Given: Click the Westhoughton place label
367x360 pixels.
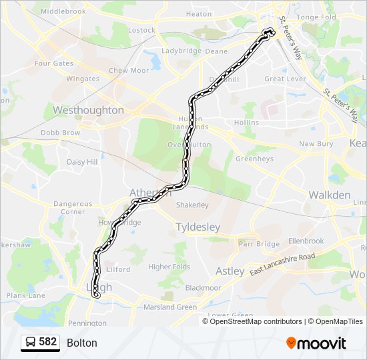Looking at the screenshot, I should tap(88, 110).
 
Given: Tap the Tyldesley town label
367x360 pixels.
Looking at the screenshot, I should tap(198, 227).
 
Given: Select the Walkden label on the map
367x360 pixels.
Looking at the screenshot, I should tap(329, 195).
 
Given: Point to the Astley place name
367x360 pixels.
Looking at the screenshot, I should tap(230, 271).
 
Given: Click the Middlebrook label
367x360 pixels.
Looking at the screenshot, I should tap(63, 12).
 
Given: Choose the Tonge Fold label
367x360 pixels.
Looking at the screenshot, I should tap(316, 17).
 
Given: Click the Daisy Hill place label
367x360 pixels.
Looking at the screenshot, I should tap(82, 162).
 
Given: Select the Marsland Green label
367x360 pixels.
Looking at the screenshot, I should tap(170, 307).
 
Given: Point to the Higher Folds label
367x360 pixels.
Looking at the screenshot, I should tap(169, 267).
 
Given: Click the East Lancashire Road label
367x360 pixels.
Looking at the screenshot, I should tap(282, 265).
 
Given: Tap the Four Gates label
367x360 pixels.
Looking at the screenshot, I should tap(54, 64).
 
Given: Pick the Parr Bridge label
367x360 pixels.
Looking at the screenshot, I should tap(259, 244).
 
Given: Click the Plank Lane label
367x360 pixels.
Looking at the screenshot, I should tap(26, 295).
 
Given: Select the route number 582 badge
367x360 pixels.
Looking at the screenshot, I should tap(47, 342).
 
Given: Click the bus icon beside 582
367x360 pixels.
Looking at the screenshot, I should tap(31, 343).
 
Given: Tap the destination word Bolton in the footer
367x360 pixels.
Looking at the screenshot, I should tap(82, 343).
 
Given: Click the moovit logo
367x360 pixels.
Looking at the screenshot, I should tap(316, 343).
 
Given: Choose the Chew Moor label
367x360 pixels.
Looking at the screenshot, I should tap(129, 71).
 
